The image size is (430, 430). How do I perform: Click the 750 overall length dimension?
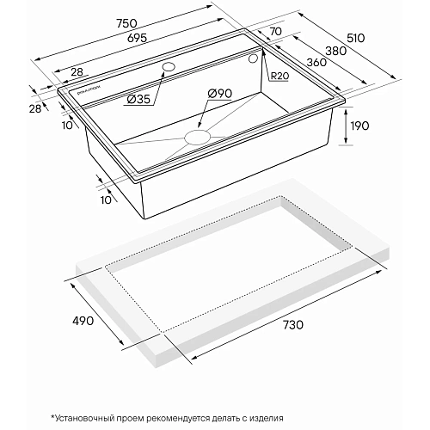(x=127, y=23)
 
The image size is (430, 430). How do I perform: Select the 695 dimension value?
(x=138, y=38)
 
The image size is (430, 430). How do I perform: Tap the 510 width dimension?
(x=355, y=38)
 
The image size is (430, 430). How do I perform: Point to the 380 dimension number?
(x=336, y=51)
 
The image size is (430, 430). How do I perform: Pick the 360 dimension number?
(x=316, y=62)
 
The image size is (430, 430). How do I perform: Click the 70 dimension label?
(x=275, y=31)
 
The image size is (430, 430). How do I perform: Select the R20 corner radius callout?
(x=279, y=77)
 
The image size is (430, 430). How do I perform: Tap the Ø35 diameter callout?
(x=138, y=100)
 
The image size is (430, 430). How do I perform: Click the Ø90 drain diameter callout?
(x=220, y=94)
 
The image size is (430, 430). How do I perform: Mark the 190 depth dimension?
(x=359, y=126)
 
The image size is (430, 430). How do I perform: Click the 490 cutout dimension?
(x=83, y=321)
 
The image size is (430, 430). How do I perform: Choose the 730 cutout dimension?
(x=292, y=325)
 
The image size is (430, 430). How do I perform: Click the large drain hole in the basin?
(x=198, y=137)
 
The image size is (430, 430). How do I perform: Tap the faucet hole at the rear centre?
(x=169, y=67)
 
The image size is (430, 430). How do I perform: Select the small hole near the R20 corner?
(x=253, y=58)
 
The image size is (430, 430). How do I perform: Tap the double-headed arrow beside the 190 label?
(x=346, y=126)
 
